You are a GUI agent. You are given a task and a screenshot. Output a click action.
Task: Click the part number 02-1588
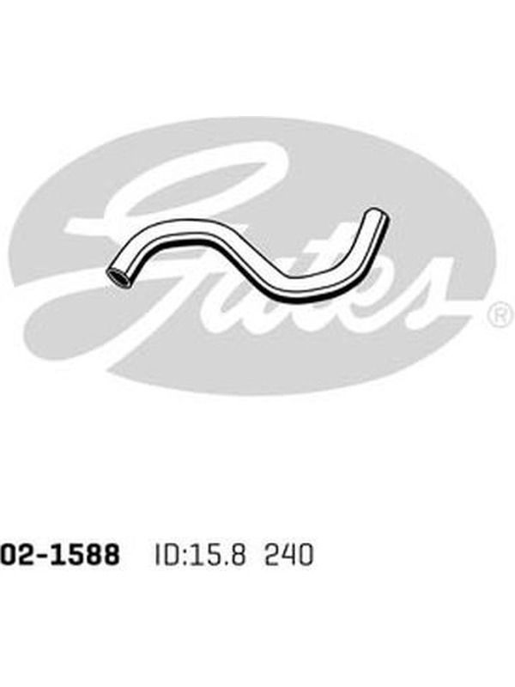(x=60, y=554)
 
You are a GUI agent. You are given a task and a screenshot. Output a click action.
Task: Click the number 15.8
(x=217, y=555)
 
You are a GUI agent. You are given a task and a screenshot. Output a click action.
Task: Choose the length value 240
(x=289, y=555)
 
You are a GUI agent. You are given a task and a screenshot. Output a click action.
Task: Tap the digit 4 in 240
(x=289, y=555)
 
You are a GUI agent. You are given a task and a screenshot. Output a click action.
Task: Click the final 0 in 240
(x=306, y=555)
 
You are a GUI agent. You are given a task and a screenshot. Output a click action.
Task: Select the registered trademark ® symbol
(x=500, y=313)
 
